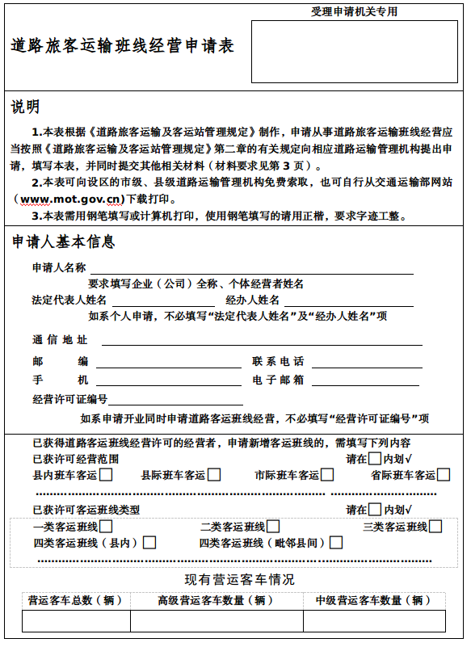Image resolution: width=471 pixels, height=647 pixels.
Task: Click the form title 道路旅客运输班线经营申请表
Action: tap(124, 46)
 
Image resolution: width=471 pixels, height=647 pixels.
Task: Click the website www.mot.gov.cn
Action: tap(72, 198)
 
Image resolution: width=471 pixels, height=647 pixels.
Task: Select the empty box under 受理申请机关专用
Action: tap(354, 52)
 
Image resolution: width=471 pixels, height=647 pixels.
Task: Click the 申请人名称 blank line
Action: tap(250, 269)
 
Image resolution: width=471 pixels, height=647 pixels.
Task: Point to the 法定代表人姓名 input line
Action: tap(154, 301)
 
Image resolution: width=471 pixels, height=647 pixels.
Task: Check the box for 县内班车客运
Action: tap(106, 475)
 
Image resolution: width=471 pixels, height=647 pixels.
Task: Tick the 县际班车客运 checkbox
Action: tap(214, 475)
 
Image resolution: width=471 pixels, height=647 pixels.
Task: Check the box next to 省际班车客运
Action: tap(444, 475)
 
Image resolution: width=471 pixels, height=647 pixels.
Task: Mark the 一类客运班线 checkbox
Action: tap(106, 527)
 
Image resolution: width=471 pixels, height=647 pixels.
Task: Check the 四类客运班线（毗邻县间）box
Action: tap(336, 543)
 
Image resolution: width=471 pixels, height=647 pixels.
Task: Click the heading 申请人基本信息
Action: tap(63, 242)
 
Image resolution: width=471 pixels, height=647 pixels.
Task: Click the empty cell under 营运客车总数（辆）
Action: tap(76, 620)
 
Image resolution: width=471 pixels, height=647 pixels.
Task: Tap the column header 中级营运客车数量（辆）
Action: tap(373, 600)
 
